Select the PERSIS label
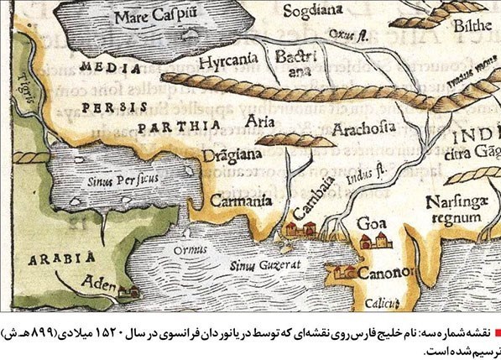pos(112,107)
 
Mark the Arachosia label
pos(363,128)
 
